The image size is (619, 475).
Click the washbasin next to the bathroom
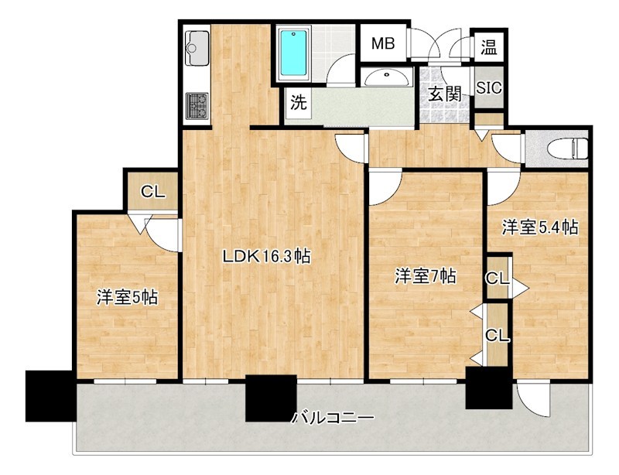pyautogui.click(x=386, y=77)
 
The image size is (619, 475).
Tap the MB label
pyautogui.click(x=383, y=44)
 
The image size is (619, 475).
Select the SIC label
pyautogui.click(x=489, y=87)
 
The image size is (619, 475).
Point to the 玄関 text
pyautogui.click(x=445, y=94)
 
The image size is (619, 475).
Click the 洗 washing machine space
pyautogui.click(x=298, y=101)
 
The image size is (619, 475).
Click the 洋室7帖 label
pyautogui.click(x=425, y=276)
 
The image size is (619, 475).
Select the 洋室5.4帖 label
pyautogui.click(x=540, y=227)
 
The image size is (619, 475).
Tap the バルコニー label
pyautogui.click(x=333, y=418)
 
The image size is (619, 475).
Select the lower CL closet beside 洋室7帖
pyautogui.click(x=497, y=335)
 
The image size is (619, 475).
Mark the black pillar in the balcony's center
pyautogui.click(x=271, y=398)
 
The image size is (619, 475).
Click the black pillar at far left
pyautogui.click(x=49, y=395)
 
